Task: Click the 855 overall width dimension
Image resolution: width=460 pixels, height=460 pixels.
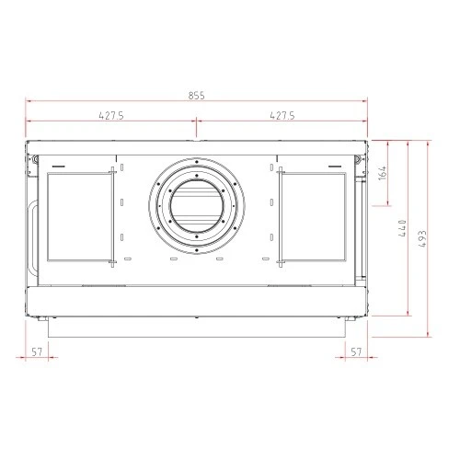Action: coord(196,96)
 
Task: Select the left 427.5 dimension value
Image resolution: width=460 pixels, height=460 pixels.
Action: coord(111,116)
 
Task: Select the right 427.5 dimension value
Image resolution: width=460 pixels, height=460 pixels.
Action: coord(282,116)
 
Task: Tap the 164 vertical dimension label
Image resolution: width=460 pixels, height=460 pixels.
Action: coord(383,173)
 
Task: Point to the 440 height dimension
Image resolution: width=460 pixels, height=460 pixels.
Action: coord(402,228)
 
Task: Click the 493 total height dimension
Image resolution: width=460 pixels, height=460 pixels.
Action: coord(422,238)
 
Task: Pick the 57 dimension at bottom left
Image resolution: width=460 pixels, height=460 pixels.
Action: coord(37,351)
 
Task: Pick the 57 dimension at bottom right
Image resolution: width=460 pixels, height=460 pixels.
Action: coord(356,351)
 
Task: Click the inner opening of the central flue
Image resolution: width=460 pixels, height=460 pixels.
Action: coord(197,206)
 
